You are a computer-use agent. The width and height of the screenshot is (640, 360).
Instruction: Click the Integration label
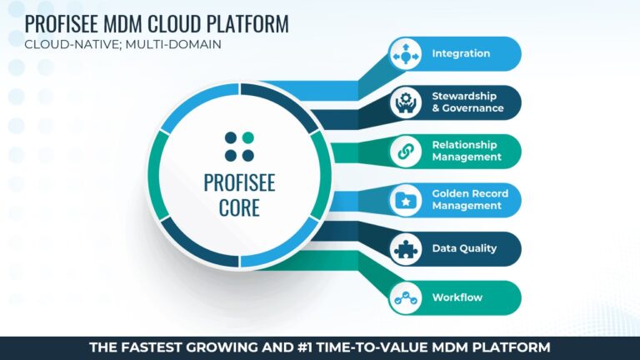pos(461,54)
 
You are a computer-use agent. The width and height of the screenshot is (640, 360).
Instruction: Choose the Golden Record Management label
pos(469,200)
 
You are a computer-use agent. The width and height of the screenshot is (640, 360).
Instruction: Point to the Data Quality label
pos(464,248)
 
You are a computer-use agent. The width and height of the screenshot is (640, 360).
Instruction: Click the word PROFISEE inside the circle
pos(239,182)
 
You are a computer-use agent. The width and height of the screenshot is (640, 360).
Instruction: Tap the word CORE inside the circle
pos(239,207)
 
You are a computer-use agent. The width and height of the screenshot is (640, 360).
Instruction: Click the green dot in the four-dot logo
pos(248,137)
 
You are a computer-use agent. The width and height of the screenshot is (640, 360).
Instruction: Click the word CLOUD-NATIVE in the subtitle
pos(72,43)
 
